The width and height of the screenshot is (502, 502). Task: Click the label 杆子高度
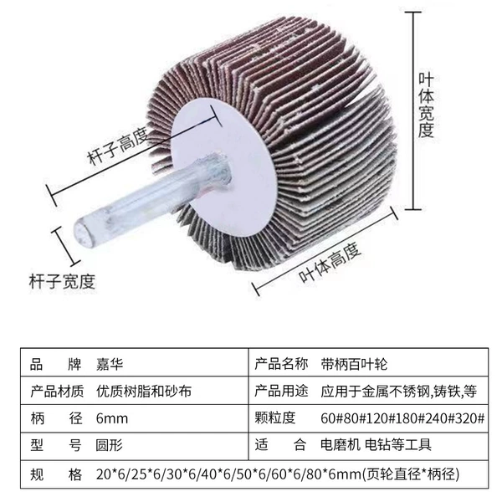pyautogui.click(x=118, y=146)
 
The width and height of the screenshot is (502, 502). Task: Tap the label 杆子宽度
pyautogui.click(x=62, y=281)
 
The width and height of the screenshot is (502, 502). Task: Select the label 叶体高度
pyautogui.click(x=330, y=263)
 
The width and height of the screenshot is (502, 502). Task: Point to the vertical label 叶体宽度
pyautogui.click(x=426, y=105)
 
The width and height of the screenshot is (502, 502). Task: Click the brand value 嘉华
pyautogui.click(x=109, y=365)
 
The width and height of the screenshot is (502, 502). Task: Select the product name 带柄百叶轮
pyautogui.click(x=354, y=364)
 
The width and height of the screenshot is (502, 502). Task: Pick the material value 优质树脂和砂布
pyautogui.click(x=144, y=392)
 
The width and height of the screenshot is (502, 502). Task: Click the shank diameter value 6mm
pyautogui.click(x=112, y=419)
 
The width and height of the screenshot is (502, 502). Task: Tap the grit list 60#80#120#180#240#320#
pyautogui.click(x=402, y=418)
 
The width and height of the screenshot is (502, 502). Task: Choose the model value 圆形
pyautogui.click(x=109, y=445)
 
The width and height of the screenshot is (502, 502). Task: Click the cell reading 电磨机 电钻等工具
pyautogui.click(x=376, y=445)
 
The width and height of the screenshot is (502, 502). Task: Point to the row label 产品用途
pyautogui.click(x=281, y=392)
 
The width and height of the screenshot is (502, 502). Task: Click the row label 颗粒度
pyautogui.click(x=274, y=418)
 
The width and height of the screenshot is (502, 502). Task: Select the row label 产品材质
pyautogui.click(x=57, y=392)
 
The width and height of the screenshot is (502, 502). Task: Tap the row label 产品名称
pyautogui.click(x=281, y=364)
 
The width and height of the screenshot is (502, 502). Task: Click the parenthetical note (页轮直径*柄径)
pyautogui.click(x=411, y=474)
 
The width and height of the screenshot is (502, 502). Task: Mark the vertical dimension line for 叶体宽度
pyautogui.click(x=413, y=110)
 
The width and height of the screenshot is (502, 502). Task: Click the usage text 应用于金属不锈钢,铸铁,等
pyautogui.click(x=399, y=392)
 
